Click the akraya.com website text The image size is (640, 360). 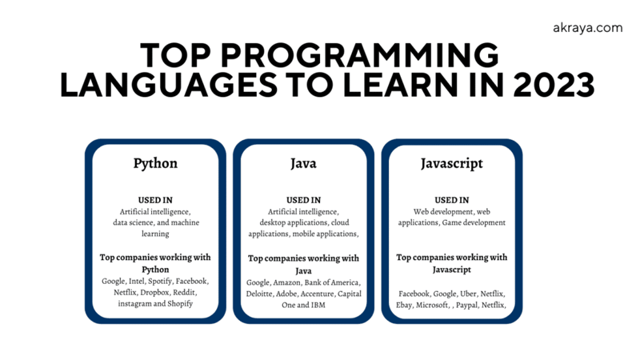588,28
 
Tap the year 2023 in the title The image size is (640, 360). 554,85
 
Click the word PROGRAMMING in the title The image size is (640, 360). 359,54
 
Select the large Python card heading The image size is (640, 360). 155,163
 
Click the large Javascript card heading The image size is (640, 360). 451,163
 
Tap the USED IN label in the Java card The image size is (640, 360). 303,200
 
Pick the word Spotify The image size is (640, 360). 160,282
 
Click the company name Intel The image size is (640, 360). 136,282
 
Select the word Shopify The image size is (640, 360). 180,304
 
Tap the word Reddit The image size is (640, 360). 185,293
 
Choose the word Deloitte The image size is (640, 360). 258,294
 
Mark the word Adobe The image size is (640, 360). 286,294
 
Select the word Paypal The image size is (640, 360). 467,305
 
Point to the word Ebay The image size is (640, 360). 404,305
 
